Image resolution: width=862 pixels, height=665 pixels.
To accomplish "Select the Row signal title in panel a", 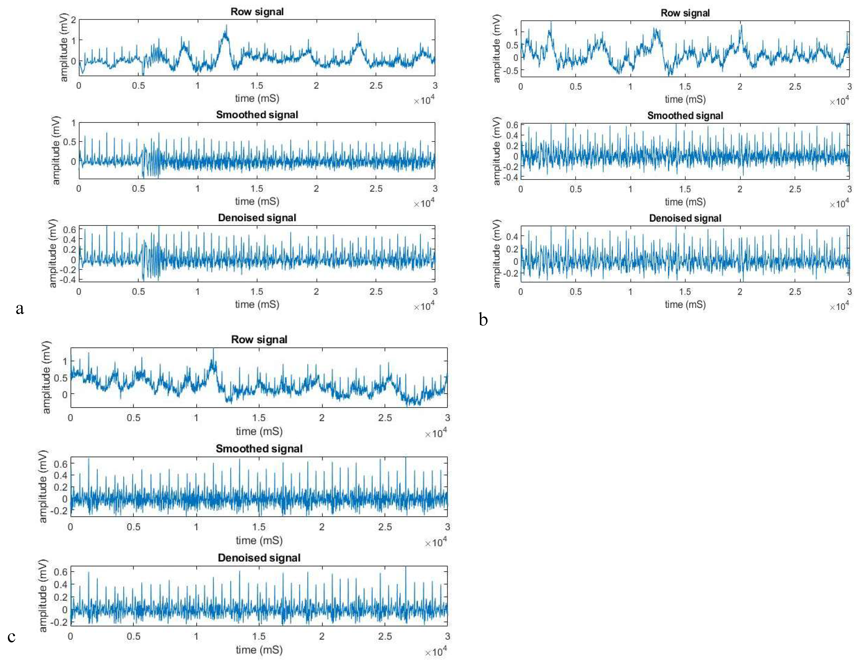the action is click(257, 12).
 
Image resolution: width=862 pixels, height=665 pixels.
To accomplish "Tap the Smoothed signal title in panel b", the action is click(685, 116).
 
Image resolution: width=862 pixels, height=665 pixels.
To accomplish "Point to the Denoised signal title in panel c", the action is click(259, 558).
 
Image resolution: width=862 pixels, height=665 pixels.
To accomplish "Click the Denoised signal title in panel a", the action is click(257, 218).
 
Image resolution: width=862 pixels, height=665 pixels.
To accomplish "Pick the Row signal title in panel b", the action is click(685, 13).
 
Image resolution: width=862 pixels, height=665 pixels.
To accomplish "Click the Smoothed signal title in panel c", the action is click(259, 449).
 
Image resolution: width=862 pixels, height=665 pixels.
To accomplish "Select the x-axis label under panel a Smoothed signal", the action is click(257, 202).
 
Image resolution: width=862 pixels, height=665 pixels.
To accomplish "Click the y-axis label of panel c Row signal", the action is click(46, 377).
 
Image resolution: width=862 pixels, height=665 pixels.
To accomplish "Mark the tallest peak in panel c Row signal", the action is click(214, 349).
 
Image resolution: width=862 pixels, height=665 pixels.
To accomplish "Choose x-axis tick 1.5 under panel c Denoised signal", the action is click(259, 636).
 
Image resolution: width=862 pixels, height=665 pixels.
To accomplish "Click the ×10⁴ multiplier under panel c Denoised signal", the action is click(436, 652).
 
